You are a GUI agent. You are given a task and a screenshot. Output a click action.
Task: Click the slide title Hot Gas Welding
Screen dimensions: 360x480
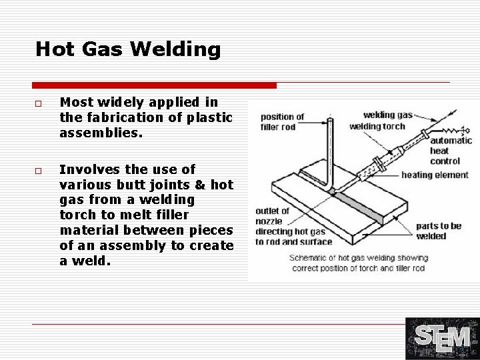pos(127,49)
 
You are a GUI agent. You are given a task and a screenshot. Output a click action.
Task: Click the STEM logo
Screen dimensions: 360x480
pos(442,339)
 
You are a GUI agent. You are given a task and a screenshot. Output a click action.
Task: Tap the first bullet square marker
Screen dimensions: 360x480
pos(39,103)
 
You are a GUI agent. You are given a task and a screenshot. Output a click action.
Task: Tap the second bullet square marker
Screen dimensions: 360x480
pos(39,171)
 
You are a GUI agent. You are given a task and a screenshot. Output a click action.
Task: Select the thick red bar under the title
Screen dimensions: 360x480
pos(154,85)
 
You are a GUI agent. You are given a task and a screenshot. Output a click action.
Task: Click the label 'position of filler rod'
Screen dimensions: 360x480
pos(282,122)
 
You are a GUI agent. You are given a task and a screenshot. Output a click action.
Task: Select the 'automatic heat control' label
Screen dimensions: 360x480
pos(451,151)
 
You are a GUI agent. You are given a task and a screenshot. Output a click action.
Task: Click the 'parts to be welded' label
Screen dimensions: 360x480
pos(439,231)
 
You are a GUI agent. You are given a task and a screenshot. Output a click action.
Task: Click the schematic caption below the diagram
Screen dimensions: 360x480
pos(359,263)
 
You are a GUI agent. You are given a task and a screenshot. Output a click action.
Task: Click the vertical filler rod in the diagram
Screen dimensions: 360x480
pos(331,150)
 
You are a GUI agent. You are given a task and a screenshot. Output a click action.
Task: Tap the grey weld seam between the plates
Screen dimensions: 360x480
pos(360,207)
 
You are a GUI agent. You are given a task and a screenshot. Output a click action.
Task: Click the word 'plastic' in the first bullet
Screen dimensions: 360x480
pos(211,118)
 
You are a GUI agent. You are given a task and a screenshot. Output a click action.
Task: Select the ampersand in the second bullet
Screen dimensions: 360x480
pos(202,185)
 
